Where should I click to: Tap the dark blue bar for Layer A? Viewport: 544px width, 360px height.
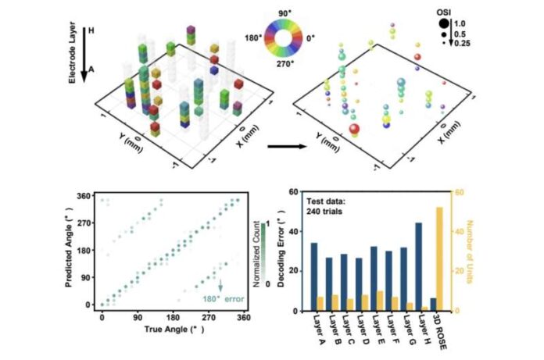[313, 276]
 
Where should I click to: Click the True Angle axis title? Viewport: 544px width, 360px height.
[171, 331]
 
